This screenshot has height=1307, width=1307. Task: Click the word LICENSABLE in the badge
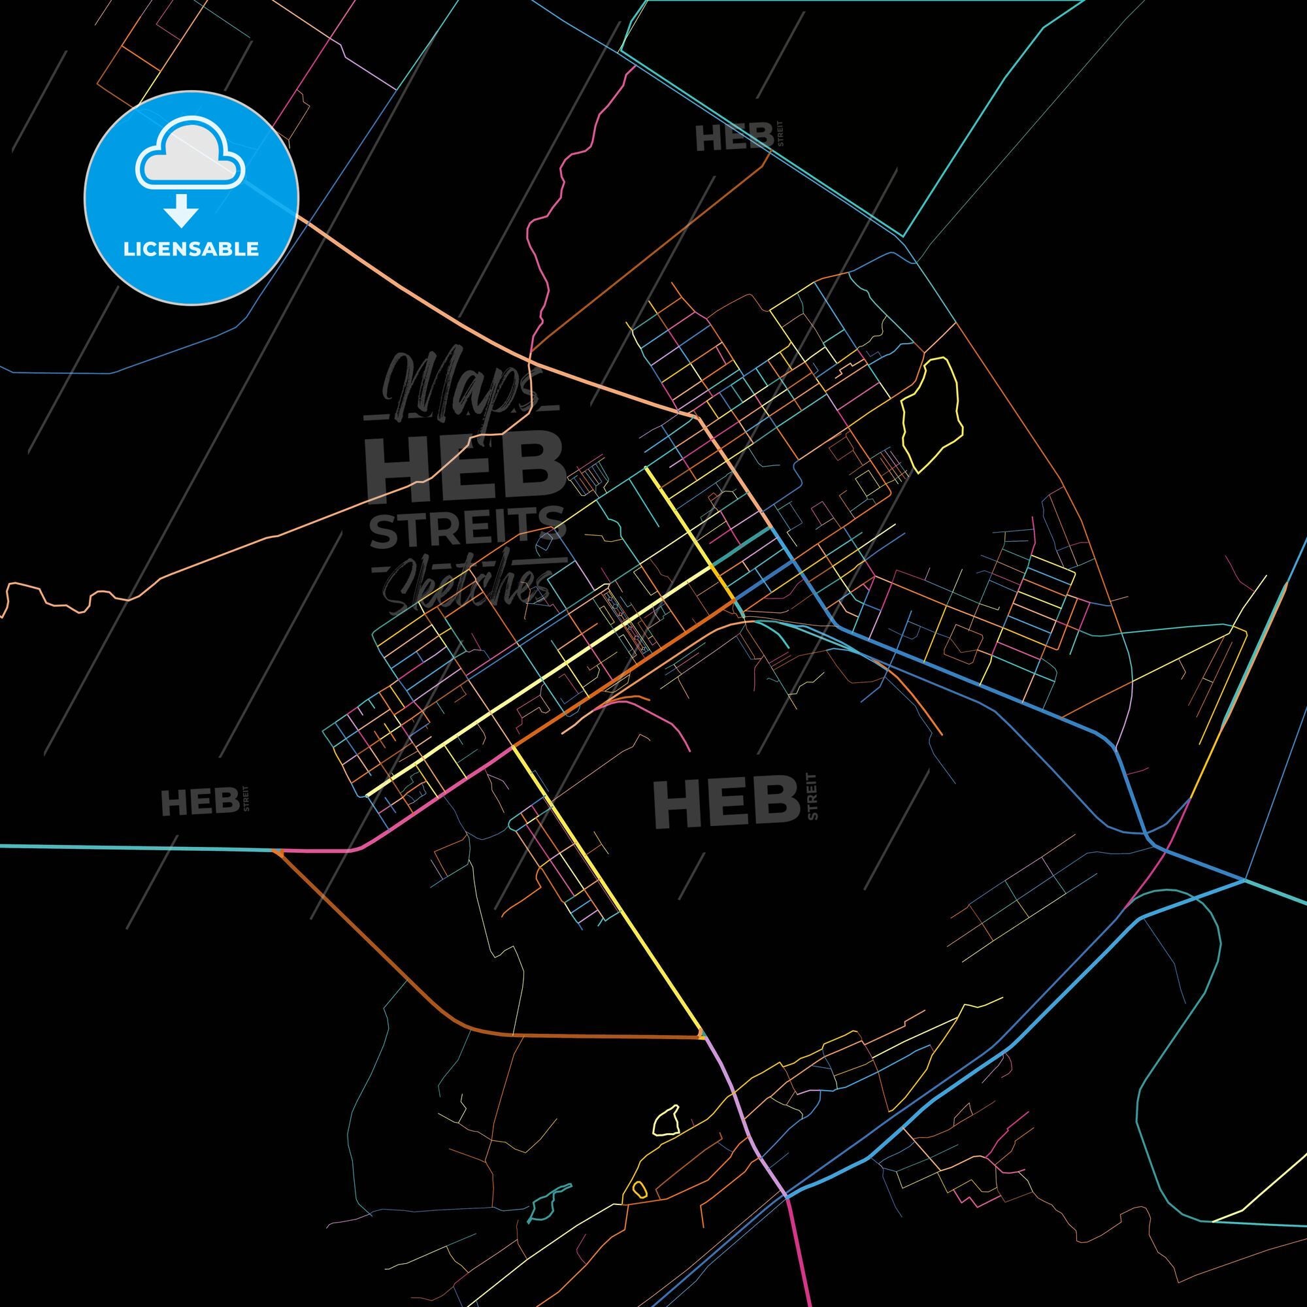pyautogui.click(x=191, y=249)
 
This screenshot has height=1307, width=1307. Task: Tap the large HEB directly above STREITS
pyautogui.click(x=466, y=467)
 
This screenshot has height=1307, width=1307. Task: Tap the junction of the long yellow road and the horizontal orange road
pyautogui.click(x=700, y=1055)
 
